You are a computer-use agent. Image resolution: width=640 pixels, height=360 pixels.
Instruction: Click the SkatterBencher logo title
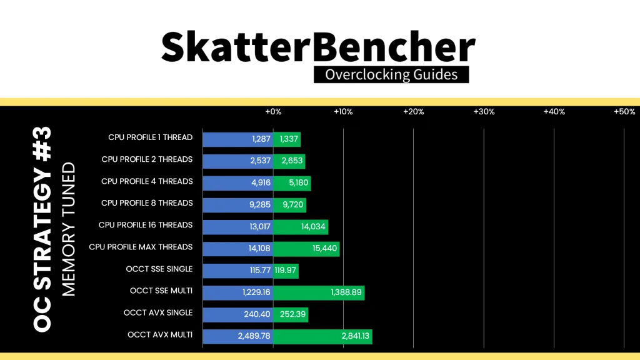pos(318,47)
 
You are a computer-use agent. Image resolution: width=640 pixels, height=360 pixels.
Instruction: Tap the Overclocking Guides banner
pos(391,75)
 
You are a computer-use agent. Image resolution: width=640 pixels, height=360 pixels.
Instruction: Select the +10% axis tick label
pos(343,112)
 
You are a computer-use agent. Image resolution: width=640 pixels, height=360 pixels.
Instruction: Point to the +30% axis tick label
pos(484,112)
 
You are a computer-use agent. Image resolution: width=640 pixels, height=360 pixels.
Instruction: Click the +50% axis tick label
pos(624,112)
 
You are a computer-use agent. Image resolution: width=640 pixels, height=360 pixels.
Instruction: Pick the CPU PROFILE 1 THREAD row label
pos(150,137)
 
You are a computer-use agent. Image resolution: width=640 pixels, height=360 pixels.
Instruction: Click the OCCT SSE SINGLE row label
pos(159,269)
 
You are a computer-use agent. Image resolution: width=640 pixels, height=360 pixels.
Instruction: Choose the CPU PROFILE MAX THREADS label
pos(141,247)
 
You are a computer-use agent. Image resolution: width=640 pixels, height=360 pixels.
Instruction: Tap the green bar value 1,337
pos(289,139)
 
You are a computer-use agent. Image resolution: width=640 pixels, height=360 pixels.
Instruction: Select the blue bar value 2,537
pos(261,161)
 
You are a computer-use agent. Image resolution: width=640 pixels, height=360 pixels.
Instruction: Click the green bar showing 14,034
pos(301,227)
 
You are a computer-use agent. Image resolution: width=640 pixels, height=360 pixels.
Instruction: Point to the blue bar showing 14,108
pos(238,249)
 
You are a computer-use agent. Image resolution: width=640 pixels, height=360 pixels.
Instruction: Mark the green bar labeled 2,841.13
pos(322,336)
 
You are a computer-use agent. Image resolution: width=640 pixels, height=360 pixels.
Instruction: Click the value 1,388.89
pos(346,292)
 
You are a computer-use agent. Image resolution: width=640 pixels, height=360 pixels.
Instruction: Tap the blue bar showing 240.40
pos(238,315)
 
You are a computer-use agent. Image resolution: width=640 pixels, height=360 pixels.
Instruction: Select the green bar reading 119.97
pos(286,271)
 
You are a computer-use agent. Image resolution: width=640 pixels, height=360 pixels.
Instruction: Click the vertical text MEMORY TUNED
pos(69,229)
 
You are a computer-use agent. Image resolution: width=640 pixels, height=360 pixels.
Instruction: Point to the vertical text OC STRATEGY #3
pos(42,229)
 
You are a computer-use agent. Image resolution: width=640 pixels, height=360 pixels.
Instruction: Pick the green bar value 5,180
pos(298,183)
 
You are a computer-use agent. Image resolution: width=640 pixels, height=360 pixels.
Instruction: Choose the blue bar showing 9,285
pos(238,205)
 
